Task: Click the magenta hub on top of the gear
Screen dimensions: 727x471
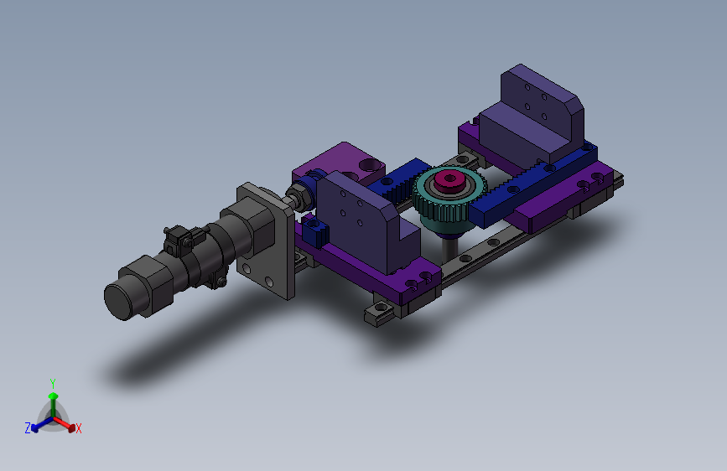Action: click(x=449, y=179)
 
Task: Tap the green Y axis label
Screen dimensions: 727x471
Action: click(x=53, y=384)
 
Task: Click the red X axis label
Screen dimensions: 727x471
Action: click(x=79, y=429)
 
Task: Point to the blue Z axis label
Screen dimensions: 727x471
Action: click(x=28, y=427)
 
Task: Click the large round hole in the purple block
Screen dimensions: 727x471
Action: click(x=370, y=164)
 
